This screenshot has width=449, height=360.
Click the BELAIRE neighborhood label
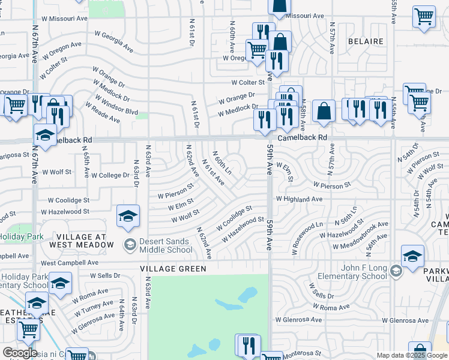tap(366, 41)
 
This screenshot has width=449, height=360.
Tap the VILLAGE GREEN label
tap(173, 269)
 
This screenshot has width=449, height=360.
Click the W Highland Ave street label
tap(299, 199)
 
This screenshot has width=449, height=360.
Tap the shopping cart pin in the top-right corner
tap(424, 17)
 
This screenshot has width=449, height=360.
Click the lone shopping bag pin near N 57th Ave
tap(324, 111)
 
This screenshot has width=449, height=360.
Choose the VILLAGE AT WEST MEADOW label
tap(78, 241)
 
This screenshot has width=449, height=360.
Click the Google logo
tap(20, 353)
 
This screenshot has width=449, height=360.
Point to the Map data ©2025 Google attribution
tap(410, 355)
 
